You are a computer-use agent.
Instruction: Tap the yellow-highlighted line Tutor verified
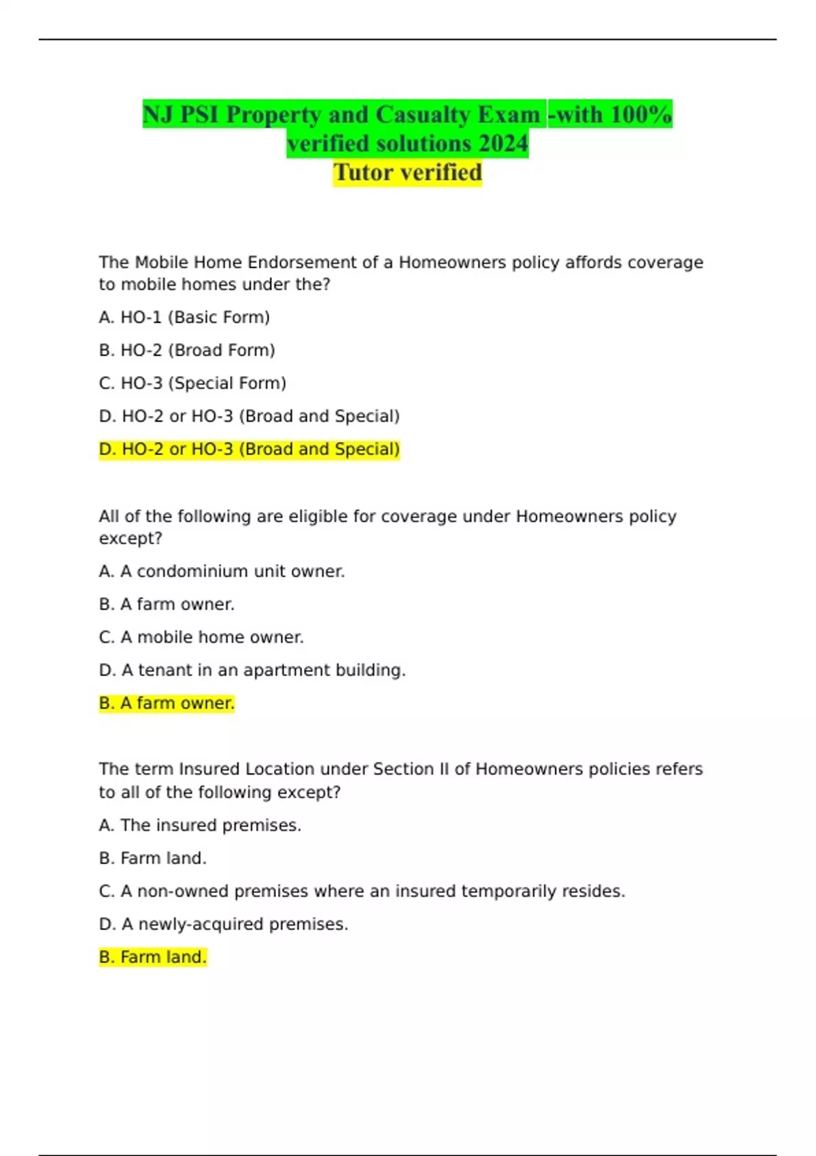[407, 173]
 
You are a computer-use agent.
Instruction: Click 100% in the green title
[641, 115]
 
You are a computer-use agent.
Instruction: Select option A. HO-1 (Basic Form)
[184, 318]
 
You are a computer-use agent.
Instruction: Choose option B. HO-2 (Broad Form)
[187, 350]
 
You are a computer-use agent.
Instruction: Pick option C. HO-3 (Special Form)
[192, 384]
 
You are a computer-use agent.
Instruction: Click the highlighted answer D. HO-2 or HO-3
[249, 449]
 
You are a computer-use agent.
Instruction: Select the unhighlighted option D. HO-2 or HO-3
[249, 416]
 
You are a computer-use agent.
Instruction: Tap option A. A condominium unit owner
[222, 571]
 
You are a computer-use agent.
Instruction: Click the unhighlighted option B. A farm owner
[167, 605]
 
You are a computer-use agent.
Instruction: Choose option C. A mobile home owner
[201, 637]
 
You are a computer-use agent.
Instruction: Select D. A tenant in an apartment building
[252, 670]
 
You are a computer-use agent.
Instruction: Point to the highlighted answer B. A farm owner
[167, 703]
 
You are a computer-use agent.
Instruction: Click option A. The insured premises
[200, 826]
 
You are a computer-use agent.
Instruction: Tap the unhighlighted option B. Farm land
[152, 858]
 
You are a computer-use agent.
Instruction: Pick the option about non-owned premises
[362, 891]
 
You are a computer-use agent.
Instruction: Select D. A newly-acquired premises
[223, 924]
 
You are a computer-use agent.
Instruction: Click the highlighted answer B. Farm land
[152, 957]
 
